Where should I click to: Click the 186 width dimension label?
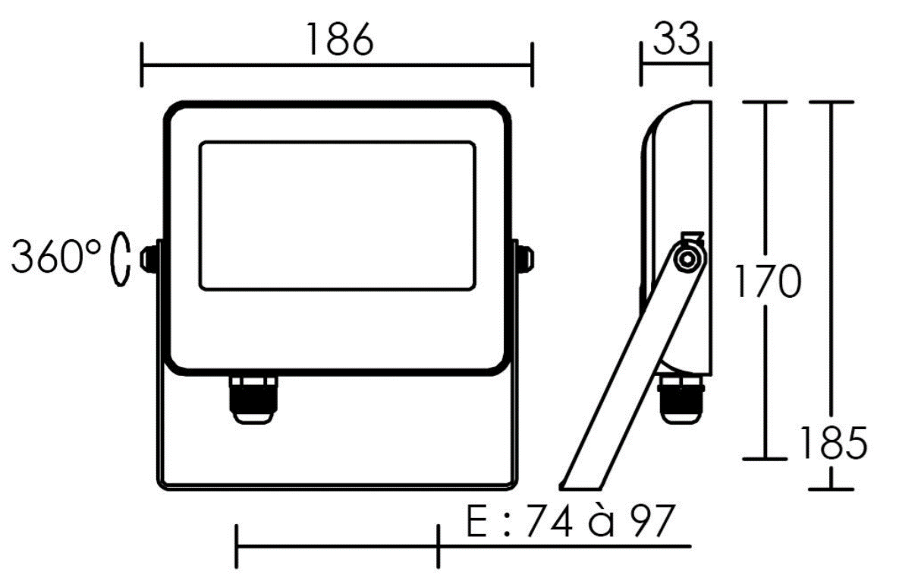339,39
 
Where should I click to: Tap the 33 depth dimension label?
677,38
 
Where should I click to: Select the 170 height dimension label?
768,281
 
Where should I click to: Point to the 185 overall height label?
833,443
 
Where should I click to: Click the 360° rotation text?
56,256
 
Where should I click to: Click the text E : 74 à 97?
569,521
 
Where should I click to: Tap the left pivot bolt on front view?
150,257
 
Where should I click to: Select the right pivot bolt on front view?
524,257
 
